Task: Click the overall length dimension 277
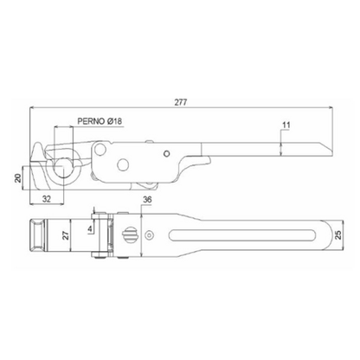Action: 181,102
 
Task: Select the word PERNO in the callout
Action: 91,121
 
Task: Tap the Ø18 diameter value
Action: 114,121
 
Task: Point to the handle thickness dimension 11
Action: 286,125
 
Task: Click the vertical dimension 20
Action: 18,177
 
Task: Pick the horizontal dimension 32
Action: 47,198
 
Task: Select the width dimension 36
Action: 147,200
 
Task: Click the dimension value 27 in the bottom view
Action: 66,235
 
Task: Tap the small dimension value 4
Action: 90,229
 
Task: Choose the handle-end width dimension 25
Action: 338,235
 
